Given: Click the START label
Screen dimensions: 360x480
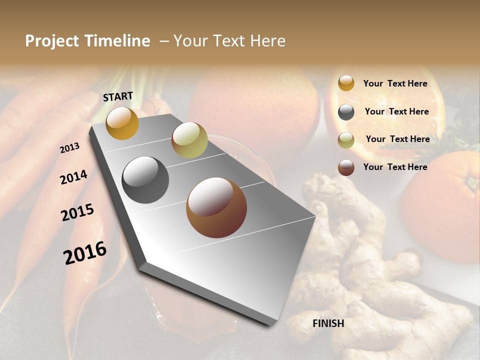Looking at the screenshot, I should [x=118, y=96].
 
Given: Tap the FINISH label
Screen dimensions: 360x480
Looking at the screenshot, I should [x=328, y=323].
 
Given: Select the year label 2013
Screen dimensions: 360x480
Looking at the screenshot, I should [x=69, y=148].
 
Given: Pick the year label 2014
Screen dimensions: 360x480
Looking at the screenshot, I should [x=73, y=177].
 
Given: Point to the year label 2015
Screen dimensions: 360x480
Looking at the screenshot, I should [x=77, y=212].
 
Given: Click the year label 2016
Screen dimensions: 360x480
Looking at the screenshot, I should [x=85, y=252].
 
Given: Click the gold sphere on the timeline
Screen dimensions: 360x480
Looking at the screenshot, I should [x=122, y=123].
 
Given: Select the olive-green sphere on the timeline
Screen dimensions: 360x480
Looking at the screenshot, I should [x=189, y=140].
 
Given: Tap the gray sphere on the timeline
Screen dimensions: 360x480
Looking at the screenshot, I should [x=145, y=179].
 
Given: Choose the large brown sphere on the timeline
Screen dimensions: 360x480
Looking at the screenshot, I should [x=216, y=207].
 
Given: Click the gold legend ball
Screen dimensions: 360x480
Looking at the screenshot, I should [x=346, y=83].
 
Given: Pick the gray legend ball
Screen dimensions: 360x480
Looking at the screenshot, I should [x=346, y=112].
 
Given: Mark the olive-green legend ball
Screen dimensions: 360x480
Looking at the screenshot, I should [x=346, y=140].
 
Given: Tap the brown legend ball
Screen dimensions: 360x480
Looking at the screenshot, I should [x=346, y=167].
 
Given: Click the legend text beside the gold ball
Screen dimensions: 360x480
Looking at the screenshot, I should [x=395, y=83].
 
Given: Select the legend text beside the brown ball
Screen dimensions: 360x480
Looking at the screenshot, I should [x=395, y=167].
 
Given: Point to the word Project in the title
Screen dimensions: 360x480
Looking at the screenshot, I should [x=51, y=41].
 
